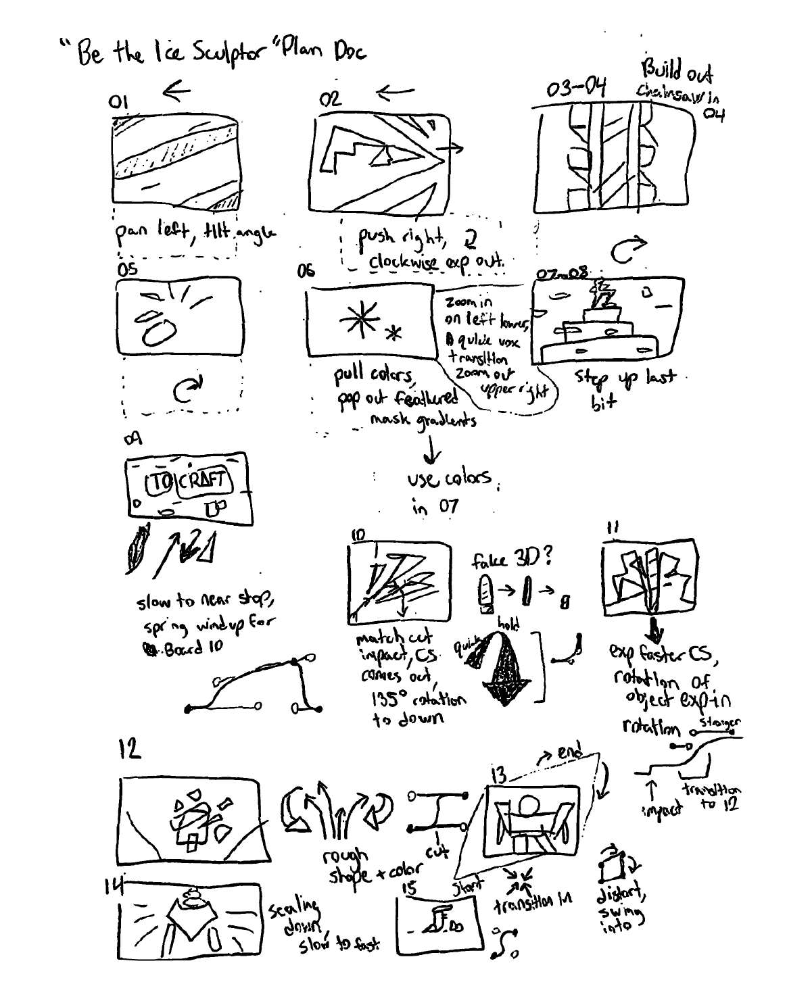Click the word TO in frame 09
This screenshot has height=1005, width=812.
point(160,483)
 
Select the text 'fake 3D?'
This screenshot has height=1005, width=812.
point(512,558)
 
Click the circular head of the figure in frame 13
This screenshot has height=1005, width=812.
point(529,805)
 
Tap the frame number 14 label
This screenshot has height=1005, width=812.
point(113,886)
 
